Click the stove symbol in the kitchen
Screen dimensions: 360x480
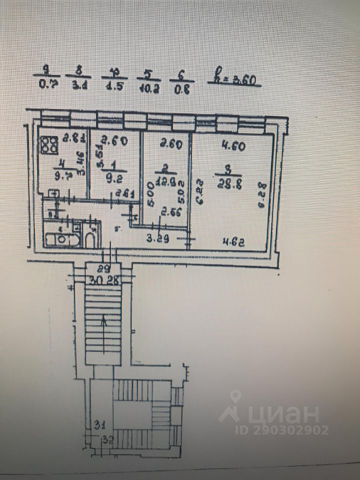[48, 145]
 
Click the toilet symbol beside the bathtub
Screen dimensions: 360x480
[90, 237]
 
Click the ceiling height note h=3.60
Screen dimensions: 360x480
[234, 80]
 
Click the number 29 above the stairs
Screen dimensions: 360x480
[104, 268]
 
